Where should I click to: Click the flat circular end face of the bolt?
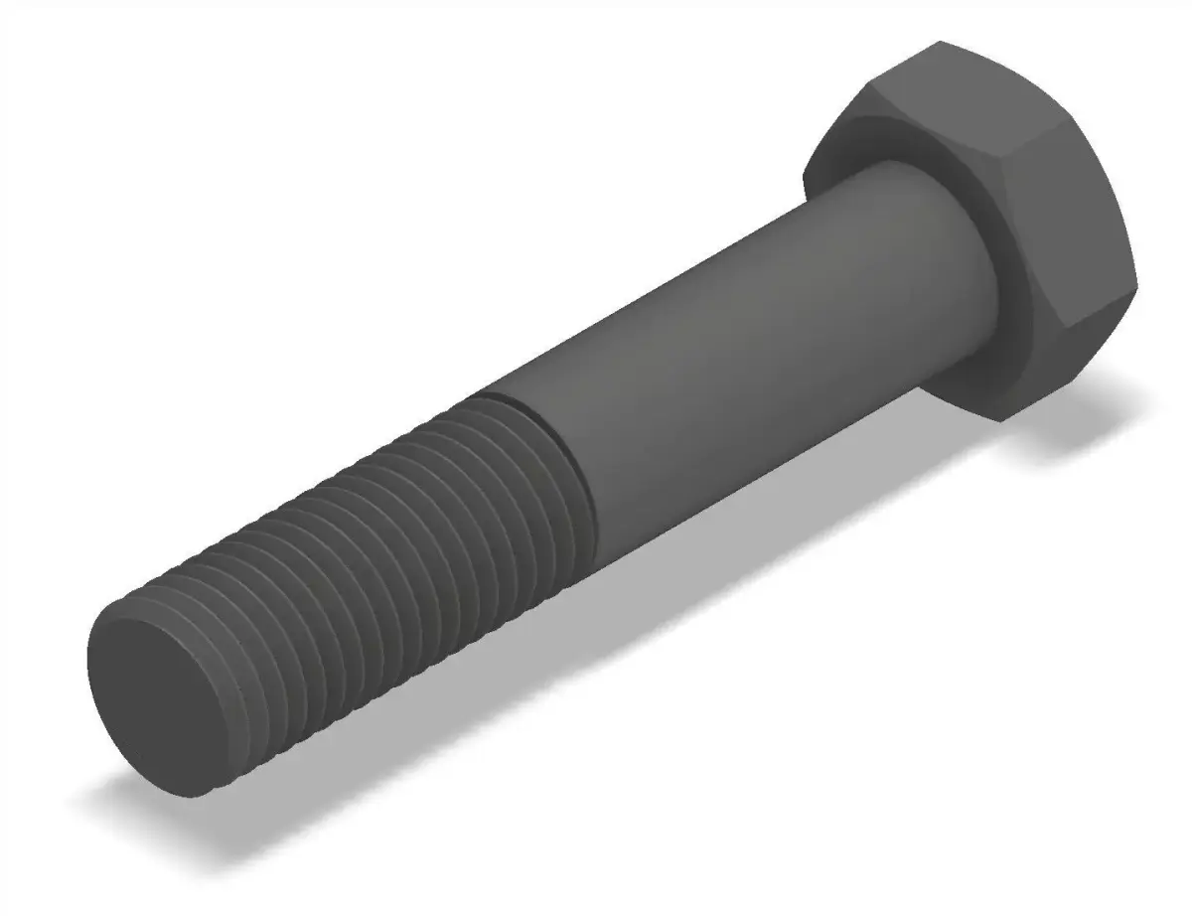pos(149,695)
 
